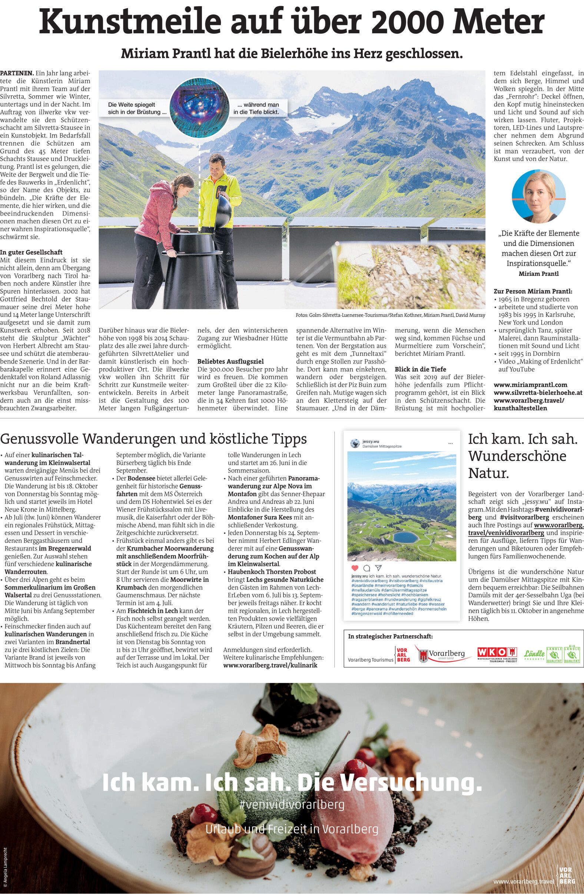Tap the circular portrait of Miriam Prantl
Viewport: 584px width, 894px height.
[x=538, y=196]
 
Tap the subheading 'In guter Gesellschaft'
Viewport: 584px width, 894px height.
[x=31, y=252]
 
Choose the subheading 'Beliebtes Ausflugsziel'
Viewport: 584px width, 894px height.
[x=230, y=361]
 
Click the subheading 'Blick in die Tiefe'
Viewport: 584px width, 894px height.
[x=420, y=369]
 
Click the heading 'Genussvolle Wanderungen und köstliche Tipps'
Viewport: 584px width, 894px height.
[x=153, y=438]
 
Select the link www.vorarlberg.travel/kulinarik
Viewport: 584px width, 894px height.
[x=270, y=665]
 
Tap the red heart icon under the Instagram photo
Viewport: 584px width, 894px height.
[x=355, y=568]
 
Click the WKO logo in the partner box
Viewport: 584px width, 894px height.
[x=497, y=653]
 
